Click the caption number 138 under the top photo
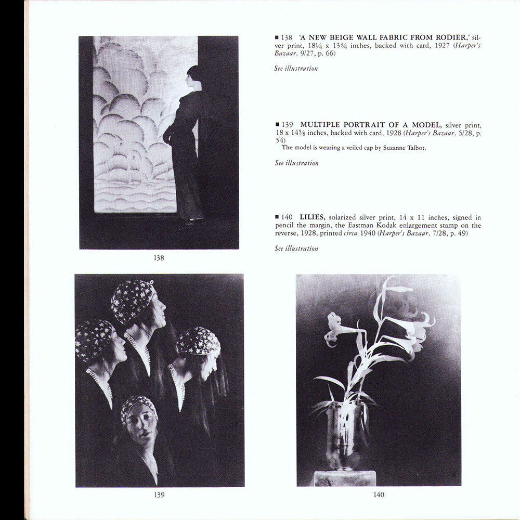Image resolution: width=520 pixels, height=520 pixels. click(x=159, y=257)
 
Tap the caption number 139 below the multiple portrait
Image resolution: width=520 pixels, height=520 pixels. click(x=159, y=495)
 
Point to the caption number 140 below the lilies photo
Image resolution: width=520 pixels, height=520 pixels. click(x=379, y=495)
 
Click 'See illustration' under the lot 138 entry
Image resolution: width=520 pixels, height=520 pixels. click(x=296, y=68)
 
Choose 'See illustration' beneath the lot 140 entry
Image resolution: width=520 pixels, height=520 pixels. click(x=296, y=249)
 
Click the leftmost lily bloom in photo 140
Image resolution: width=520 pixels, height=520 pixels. click(x=335, y=327)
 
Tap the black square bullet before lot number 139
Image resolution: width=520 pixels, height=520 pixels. click(x=277, y=125)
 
